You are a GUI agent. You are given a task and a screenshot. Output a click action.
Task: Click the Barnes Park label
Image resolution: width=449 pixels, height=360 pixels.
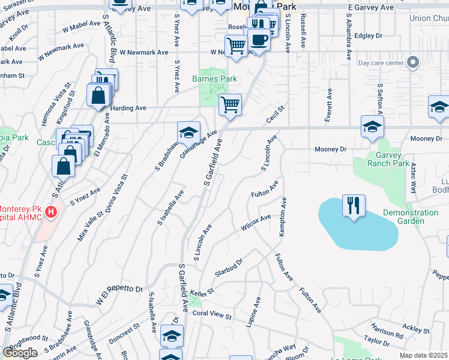(214, 79)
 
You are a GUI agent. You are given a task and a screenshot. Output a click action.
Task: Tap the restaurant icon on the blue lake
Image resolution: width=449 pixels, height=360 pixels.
(351, 206)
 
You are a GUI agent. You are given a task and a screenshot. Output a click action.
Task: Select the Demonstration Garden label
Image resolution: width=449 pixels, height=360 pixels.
(411, 217)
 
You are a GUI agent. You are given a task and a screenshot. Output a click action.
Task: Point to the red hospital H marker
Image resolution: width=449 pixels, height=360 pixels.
(52, 212)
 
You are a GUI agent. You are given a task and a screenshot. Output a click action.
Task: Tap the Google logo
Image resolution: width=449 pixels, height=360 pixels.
(20, 353)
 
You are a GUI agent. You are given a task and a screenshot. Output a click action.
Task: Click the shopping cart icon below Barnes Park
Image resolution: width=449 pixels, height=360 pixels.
(231, 105)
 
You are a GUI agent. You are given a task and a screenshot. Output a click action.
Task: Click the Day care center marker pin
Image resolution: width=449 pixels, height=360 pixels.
(413, 62)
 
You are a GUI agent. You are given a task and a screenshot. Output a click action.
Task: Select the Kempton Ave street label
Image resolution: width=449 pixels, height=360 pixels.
(282, 216)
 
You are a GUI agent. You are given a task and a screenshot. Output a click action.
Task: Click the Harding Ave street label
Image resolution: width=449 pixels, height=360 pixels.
(129, 108)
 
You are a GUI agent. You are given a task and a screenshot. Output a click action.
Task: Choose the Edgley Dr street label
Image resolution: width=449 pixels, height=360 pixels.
(369, 36)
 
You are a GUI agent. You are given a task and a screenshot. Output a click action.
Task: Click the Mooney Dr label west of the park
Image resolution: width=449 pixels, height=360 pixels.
(331, 149)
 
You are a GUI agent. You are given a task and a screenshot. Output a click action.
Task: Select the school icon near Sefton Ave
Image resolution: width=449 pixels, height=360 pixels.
(372, 127)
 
